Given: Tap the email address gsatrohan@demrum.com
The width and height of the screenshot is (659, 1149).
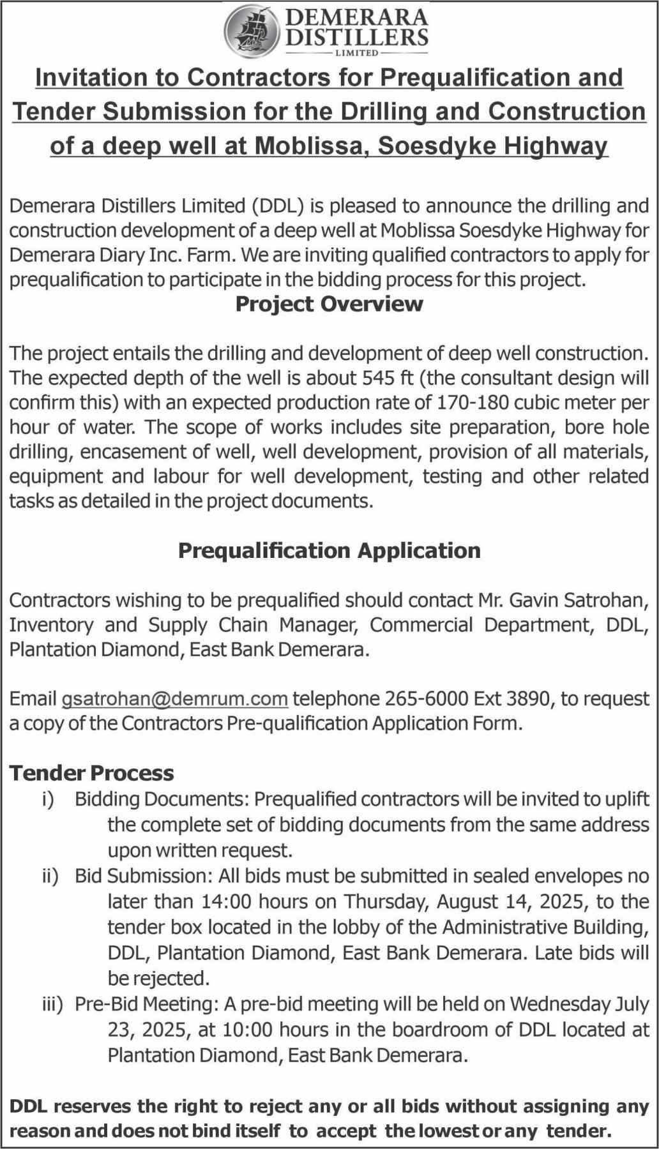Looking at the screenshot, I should tap(174, 699).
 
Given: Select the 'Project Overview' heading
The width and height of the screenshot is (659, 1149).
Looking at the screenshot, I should tap(329, 304).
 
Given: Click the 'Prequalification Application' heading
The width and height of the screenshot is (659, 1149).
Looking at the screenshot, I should tap(329, 550).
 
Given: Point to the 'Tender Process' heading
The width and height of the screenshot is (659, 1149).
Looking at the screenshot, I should tap(91, 773).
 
